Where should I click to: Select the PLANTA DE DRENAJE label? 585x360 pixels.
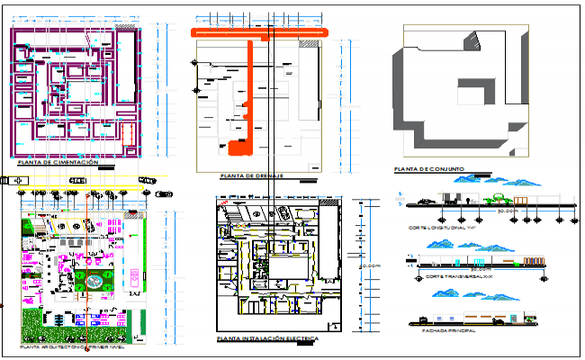pos(245,175)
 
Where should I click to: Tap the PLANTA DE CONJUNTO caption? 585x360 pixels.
pos(427,169)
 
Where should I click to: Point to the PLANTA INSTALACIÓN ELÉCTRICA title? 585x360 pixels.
pos(267,339)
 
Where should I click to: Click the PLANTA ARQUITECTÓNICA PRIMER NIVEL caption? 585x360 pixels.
pos(70,346)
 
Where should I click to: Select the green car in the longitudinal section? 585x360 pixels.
pos(496,200)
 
